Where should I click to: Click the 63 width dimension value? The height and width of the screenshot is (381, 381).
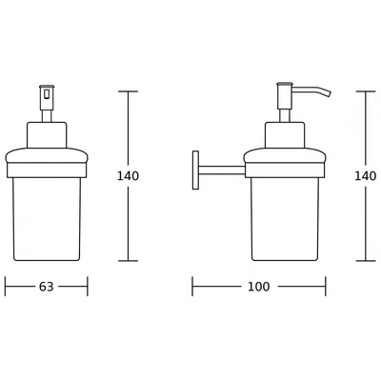tap(47, 287)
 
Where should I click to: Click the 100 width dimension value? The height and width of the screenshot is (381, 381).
tap(259, 287)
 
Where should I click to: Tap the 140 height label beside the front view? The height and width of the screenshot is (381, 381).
tap(128, 176)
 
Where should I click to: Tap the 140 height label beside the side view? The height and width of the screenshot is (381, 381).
tap(366, 176)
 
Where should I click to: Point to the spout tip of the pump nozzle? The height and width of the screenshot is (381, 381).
tap(329, 92)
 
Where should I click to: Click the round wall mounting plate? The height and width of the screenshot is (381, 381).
tap(195, 170)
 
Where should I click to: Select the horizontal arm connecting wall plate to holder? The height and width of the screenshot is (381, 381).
tap(222, 170)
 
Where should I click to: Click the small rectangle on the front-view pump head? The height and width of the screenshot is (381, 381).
tap(47, 94)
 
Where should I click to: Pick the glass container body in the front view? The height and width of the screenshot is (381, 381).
tap(47, 219)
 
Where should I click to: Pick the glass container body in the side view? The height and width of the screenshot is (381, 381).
tap(285, 219)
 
